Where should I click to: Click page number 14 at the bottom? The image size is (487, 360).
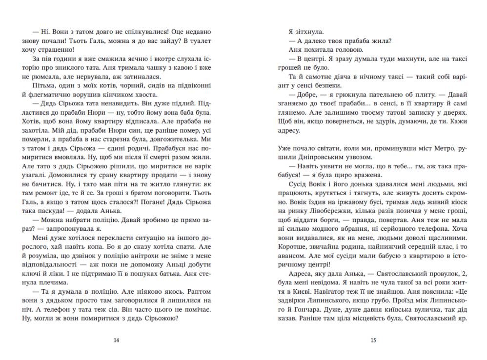(116, 340)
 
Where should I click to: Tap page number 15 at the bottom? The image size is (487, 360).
(373, 340)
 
